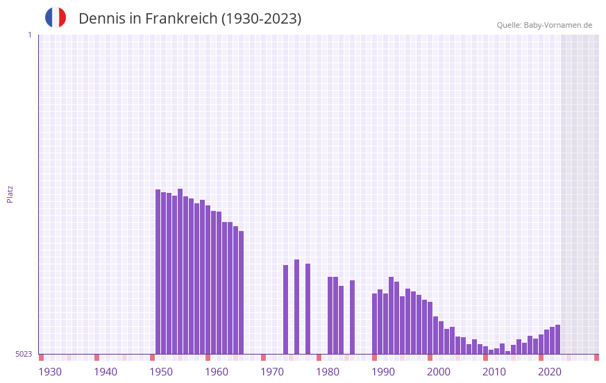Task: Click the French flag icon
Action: (x=56, y=17)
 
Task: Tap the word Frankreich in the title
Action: (x=180, y=19)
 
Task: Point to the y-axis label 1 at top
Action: (x=29, y=35)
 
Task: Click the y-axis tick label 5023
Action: (x=24, y=354)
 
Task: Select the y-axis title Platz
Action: (x=10, y=194)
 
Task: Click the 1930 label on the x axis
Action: (x=50, y=372)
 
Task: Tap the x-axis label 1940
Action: (x=106, y=372)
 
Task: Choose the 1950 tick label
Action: (x=161, y=372)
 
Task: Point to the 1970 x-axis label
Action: (x=272, y=372)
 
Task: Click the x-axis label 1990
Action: (x=383, y=372)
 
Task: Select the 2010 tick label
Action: (x=494, y=372)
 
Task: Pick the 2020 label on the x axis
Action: (x=550, y=372)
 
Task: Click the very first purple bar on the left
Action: (x=158, y=271)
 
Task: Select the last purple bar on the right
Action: (x=557, y=339)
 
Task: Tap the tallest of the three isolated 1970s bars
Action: (x=296, y=305)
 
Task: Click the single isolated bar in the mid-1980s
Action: (x=352, y=316)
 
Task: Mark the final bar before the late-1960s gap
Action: (x=241, y=291)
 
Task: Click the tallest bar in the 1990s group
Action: (x=391, y=315)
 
